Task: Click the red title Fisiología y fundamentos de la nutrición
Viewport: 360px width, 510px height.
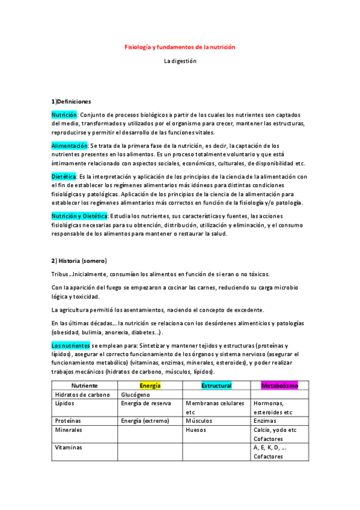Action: (x=180, y=46)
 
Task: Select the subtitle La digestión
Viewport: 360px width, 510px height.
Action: (x=180, y=61)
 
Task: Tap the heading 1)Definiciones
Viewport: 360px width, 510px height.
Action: (x=71, y=101)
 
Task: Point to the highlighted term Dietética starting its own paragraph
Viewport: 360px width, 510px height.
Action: (x=64, y=176)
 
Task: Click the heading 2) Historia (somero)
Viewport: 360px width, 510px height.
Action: (x=79, y=260)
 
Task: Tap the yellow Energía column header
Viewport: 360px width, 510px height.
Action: (x=150, y=384)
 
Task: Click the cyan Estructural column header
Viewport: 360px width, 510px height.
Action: (x=216, y=384)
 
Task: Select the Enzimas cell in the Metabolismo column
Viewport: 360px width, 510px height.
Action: (x=265, y=421)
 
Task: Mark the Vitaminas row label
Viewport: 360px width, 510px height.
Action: (x=69, y=447)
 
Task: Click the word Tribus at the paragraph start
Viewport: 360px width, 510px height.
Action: (x=61, y=274)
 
